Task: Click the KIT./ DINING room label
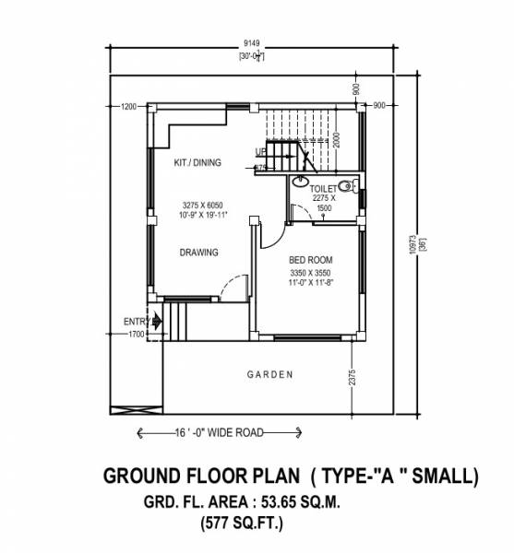(197, 163)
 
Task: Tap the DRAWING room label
(198, 252)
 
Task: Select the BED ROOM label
(310, 260)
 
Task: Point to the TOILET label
(324, 187)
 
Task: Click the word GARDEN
(270, 374)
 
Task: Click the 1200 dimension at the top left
(128, 107)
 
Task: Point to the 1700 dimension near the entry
(137, 335)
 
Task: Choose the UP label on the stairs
(261, 153)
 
